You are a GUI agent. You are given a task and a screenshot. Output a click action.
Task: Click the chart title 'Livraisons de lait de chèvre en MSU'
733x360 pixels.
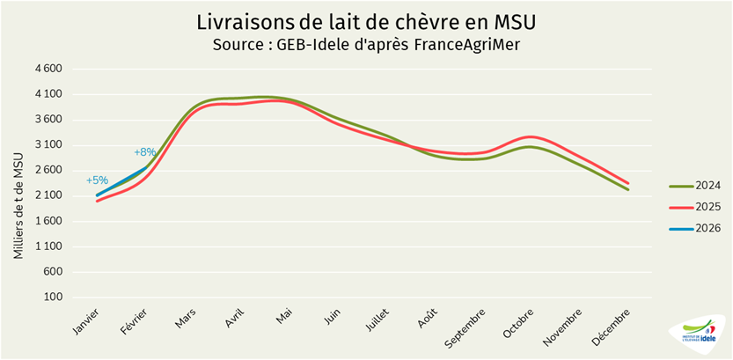coord(366,20)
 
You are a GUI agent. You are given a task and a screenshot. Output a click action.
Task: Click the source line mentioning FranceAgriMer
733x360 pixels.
coord(366,44)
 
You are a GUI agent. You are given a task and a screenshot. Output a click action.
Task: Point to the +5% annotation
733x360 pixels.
coord(97,180)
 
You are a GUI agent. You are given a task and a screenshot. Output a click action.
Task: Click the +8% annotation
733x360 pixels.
coord(145,152)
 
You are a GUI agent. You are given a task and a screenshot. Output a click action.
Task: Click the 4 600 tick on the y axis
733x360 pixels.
coord(49,69)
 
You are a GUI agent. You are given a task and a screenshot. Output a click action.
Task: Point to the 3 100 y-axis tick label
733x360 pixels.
coord(49,145)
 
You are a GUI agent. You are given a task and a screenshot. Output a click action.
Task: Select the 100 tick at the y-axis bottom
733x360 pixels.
coord(54,298)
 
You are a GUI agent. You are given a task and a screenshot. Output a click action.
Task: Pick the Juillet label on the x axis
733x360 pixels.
coord(381,320)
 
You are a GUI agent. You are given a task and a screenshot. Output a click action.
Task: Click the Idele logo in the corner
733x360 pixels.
coord(700,334)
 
